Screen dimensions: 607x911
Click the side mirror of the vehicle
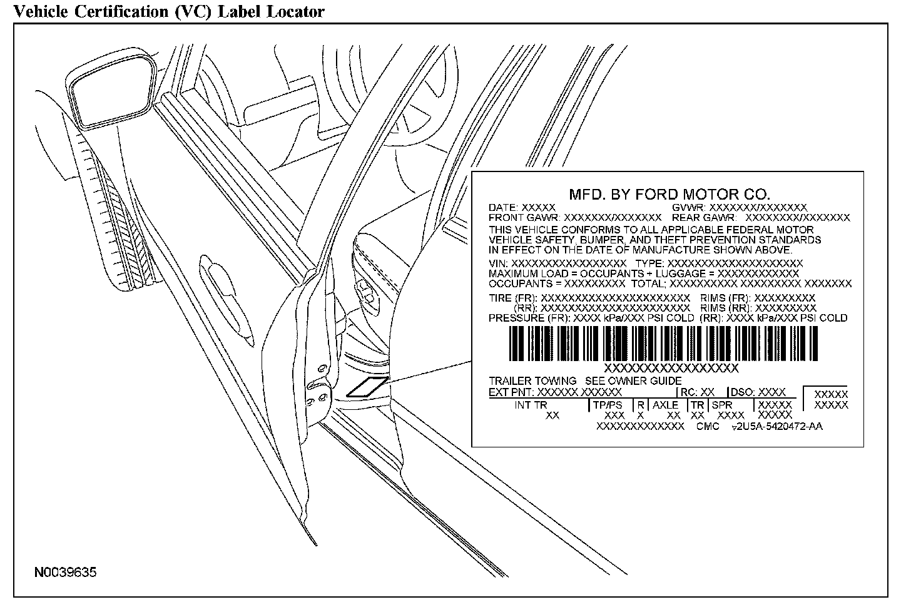(x=110, y=90)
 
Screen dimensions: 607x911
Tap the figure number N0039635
(x=66, y=573)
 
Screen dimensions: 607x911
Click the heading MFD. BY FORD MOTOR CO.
(x=669, y=194)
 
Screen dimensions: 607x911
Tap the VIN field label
(x=499, y=264)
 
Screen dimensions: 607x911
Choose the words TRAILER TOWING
(x=532, y=380)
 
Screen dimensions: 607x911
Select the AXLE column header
(x=665, y=405)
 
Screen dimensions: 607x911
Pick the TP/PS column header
(x=608, y=405)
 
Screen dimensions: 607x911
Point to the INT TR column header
(x=531, y=405)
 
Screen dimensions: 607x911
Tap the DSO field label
(x=742, y=392)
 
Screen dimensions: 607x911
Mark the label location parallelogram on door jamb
(x=368, y=387)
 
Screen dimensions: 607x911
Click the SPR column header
(x=721, y=405)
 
